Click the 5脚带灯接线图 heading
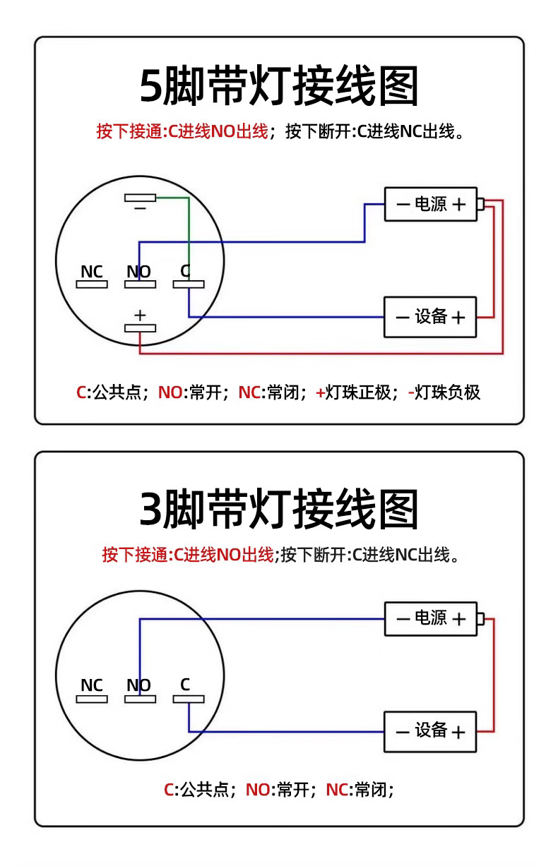(x=279, y=88)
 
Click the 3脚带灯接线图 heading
(x=279, y=510)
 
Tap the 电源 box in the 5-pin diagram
(x=430, y=204)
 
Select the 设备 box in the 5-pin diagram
(x=430, y=317)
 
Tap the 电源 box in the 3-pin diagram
(x=430, y=619)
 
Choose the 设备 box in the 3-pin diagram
(x=430, y=731)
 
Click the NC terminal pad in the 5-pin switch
(x=92, y=284)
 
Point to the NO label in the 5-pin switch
(x=138, y=272)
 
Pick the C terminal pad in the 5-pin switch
(x=189, y=284)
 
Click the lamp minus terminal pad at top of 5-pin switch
(x=140, y=198)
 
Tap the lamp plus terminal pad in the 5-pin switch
(x=140, y=328)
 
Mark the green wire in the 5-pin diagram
(x=189, y=233)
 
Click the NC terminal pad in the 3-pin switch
(x=92, y=699)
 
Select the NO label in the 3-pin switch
(x=138, y=685)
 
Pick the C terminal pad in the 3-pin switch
(x=189, y=699)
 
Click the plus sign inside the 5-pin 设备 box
(x=458, y=318)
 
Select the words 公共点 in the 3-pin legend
(x=206, y=790)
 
